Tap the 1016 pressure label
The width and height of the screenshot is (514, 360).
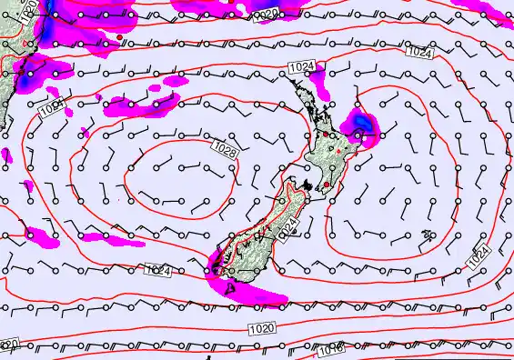(x=331, y=349)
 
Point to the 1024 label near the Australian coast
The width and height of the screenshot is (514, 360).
(x=52, y=108)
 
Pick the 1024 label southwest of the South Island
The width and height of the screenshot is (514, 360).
(x=157, y=269)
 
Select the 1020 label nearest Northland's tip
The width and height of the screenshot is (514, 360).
(x=265, y=15)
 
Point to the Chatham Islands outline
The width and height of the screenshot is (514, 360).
(x=428, y=235)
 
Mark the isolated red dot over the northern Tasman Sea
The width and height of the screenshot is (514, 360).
(x=118, y=36)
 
